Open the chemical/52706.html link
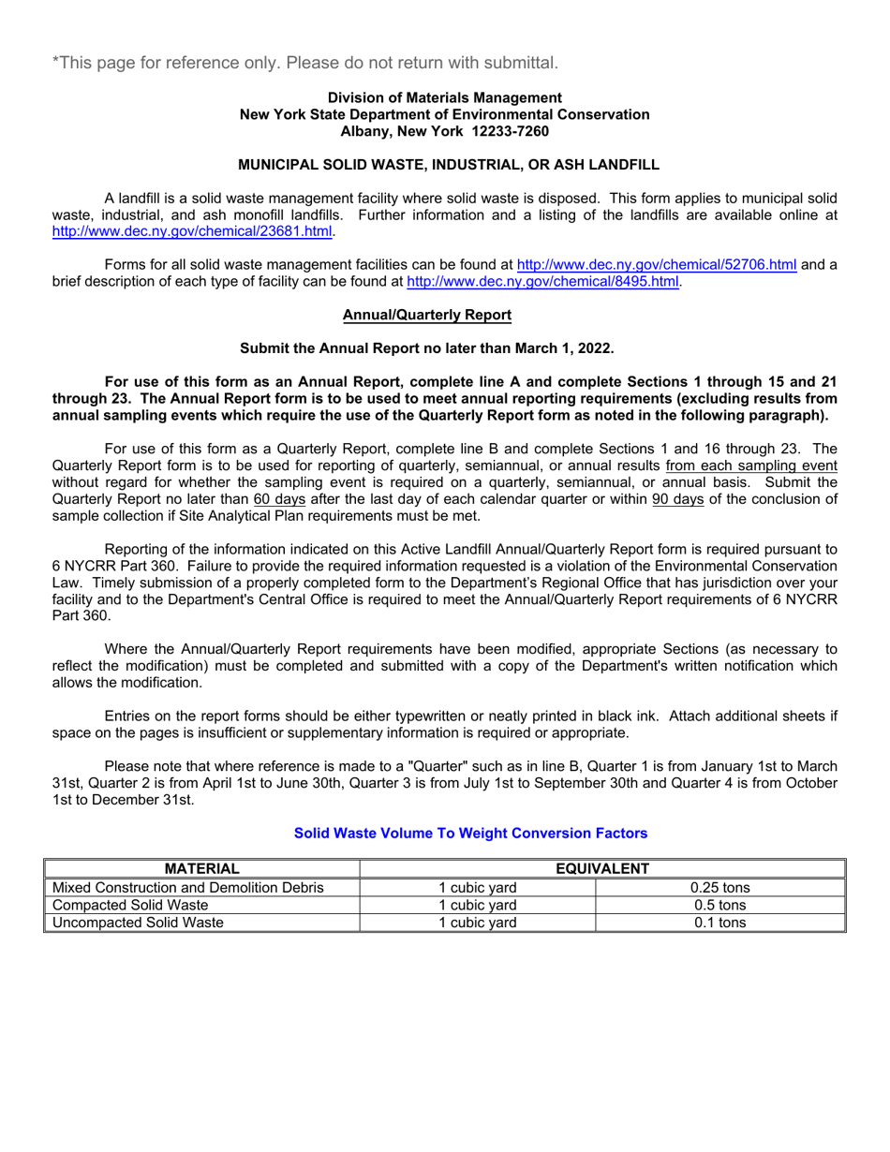click(x=657, y=265)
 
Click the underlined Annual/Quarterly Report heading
click(x=426, y=316)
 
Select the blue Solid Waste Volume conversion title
click(x=470, y=833)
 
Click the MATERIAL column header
click(x=202, y=869)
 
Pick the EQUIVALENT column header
click(x=602, y=869)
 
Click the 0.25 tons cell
click(x=719, y=887)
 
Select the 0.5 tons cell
click(x=719, y=905)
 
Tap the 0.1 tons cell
click(x=719, y=923)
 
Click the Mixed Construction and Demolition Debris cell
click(x=188, y=887)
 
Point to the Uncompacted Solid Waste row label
click(x=138, y=923)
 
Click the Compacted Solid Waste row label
click(x=130, y=905)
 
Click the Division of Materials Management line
click(x=444, y=97)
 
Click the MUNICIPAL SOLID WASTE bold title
click(x=449, y=165)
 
